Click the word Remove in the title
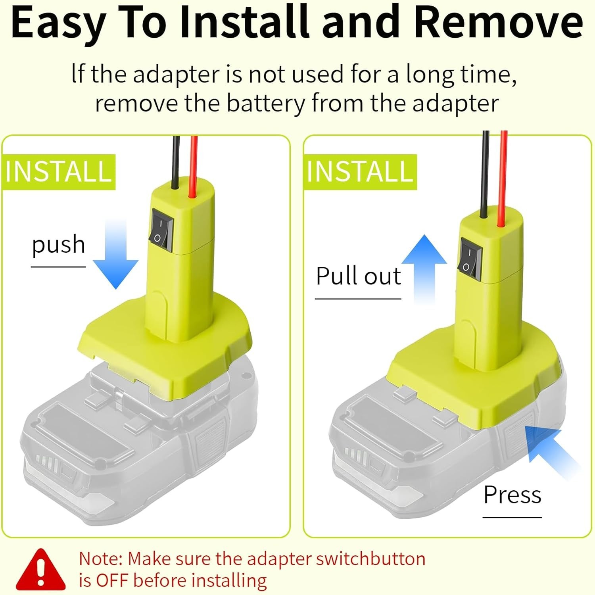tap(498, 22)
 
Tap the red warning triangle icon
tap(41, 570)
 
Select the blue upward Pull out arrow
tap(424, 270)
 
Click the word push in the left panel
tap(58, 245)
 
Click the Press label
tap(512, 495)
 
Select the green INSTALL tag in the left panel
tap(59, 172)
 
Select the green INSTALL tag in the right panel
tap(361, 172)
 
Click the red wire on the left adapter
tap(194, 167)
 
